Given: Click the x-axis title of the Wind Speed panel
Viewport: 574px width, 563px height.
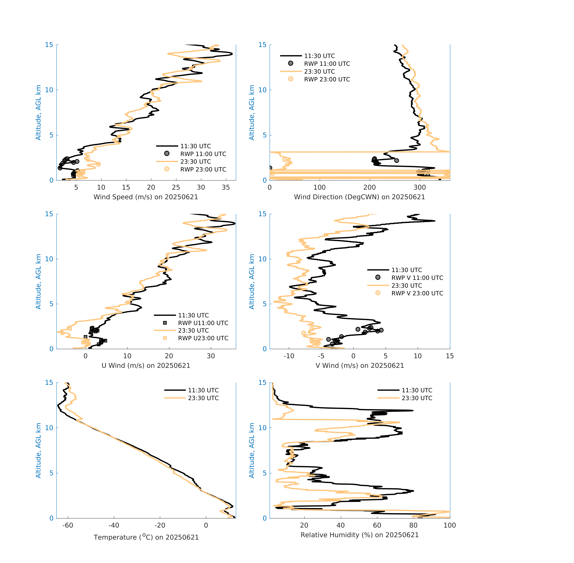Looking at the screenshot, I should tap(146, 197).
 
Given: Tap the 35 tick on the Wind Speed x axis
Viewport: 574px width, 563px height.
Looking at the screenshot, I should tap(226, 188).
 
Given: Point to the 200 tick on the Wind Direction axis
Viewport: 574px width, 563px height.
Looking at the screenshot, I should tap(369, 188).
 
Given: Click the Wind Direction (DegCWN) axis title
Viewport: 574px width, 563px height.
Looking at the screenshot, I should tap(359, 197).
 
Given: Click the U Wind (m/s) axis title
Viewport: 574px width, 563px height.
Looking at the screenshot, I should tap(146, 365).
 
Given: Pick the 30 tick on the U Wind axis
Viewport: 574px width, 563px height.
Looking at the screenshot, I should tap(211, 356).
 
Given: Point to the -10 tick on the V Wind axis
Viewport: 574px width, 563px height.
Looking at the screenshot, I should tap(289, 356).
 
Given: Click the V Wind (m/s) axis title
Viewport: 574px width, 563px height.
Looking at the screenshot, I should tap(359, 365).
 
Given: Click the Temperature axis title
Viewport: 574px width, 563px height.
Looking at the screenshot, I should tap(146, 537).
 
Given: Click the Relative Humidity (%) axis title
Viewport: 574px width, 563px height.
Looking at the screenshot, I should tap(359, 535).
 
